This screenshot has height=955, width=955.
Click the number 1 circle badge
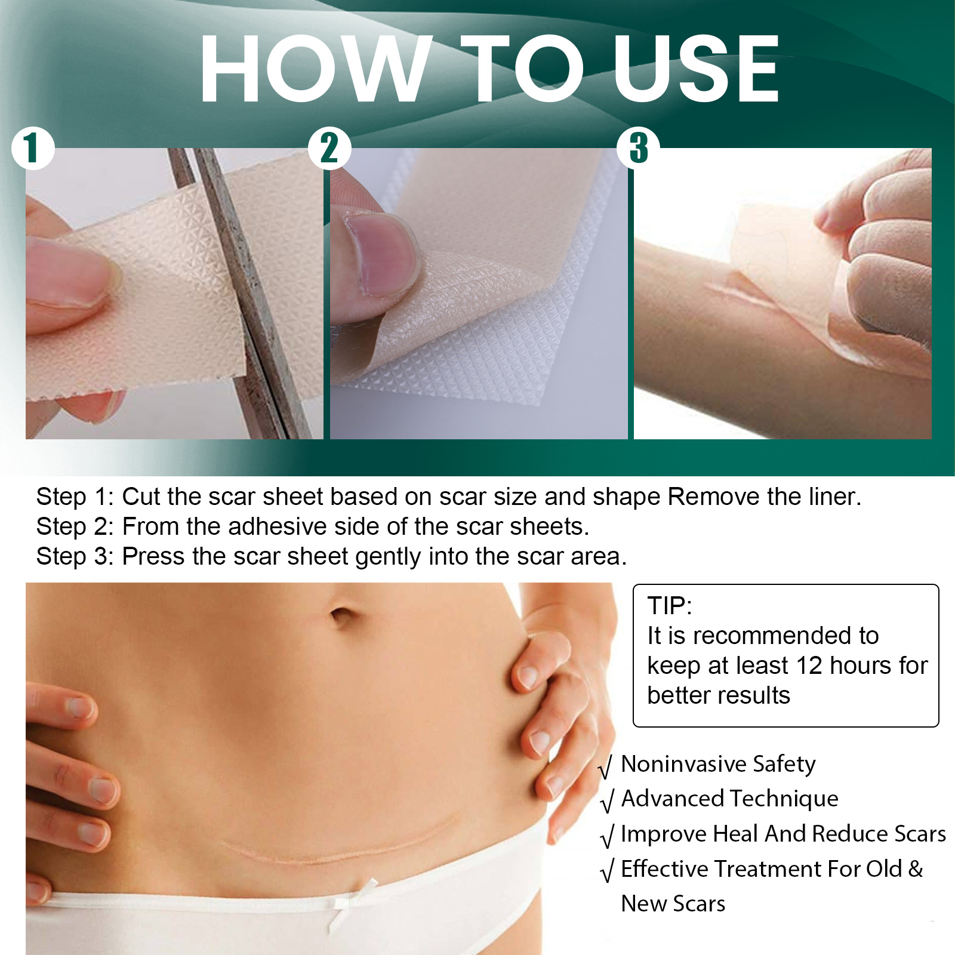pyautogui.click(x=33, y=148)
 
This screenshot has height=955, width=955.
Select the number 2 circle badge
pyautogui.click(x=329, y=148)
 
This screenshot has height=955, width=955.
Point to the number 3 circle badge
pyautogui.click(x=638, y=148)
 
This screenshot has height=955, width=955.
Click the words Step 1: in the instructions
pyautogui.click(x=75, y=497)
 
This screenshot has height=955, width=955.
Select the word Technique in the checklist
pyautogui.click(x=784, y=799)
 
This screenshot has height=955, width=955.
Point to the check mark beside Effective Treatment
pyautogui.click(x=606, y=870)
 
